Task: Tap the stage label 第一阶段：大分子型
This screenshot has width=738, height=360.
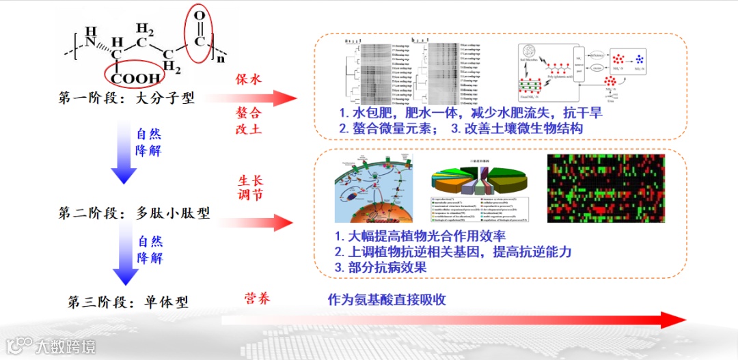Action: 126,99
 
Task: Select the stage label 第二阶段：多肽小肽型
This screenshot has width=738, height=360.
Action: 134,213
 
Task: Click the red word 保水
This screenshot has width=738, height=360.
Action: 249,79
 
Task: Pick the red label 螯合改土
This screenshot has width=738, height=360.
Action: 249,120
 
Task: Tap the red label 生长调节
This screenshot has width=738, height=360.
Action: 249,188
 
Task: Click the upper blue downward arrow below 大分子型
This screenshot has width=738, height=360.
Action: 124,154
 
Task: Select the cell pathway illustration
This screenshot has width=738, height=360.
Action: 374,189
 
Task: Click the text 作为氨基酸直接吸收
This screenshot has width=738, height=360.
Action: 387,300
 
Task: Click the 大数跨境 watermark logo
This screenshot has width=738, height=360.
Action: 51,346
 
